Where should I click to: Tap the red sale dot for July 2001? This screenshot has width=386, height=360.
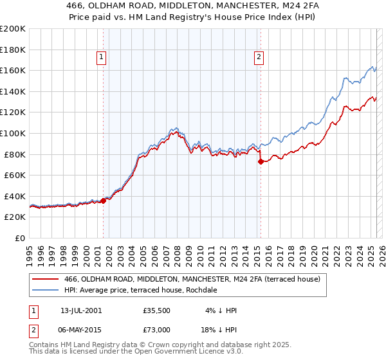click(x=104, y=201)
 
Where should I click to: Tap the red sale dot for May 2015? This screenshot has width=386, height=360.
click(x=261, y=162)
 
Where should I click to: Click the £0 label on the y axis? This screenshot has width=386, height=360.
click(x=20, y=238)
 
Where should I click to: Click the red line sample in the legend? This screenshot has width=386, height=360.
click(x=46, y=279)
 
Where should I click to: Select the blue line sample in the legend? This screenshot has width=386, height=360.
click(x=46, y=290)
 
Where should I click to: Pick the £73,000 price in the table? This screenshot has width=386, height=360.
click(x=156, y=330)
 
